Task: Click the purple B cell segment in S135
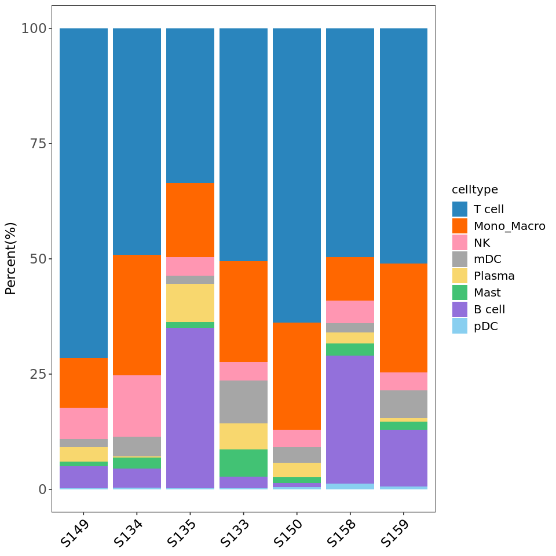(190, 408)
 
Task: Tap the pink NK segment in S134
(137, 405)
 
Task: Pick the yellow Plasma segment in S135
(190, 302)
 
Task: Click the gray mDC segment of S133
(243, 401)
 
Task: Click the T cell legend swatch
(460, 209)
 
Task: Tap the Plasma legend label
(494, 276)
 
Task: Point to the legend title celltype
(475, 189)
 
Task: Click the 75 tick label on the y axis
(37, 144)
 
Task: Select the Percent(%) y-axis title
(11, 258)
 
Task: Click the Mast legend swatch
(460, 293)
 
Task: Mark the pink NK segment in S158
(350, 312)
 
